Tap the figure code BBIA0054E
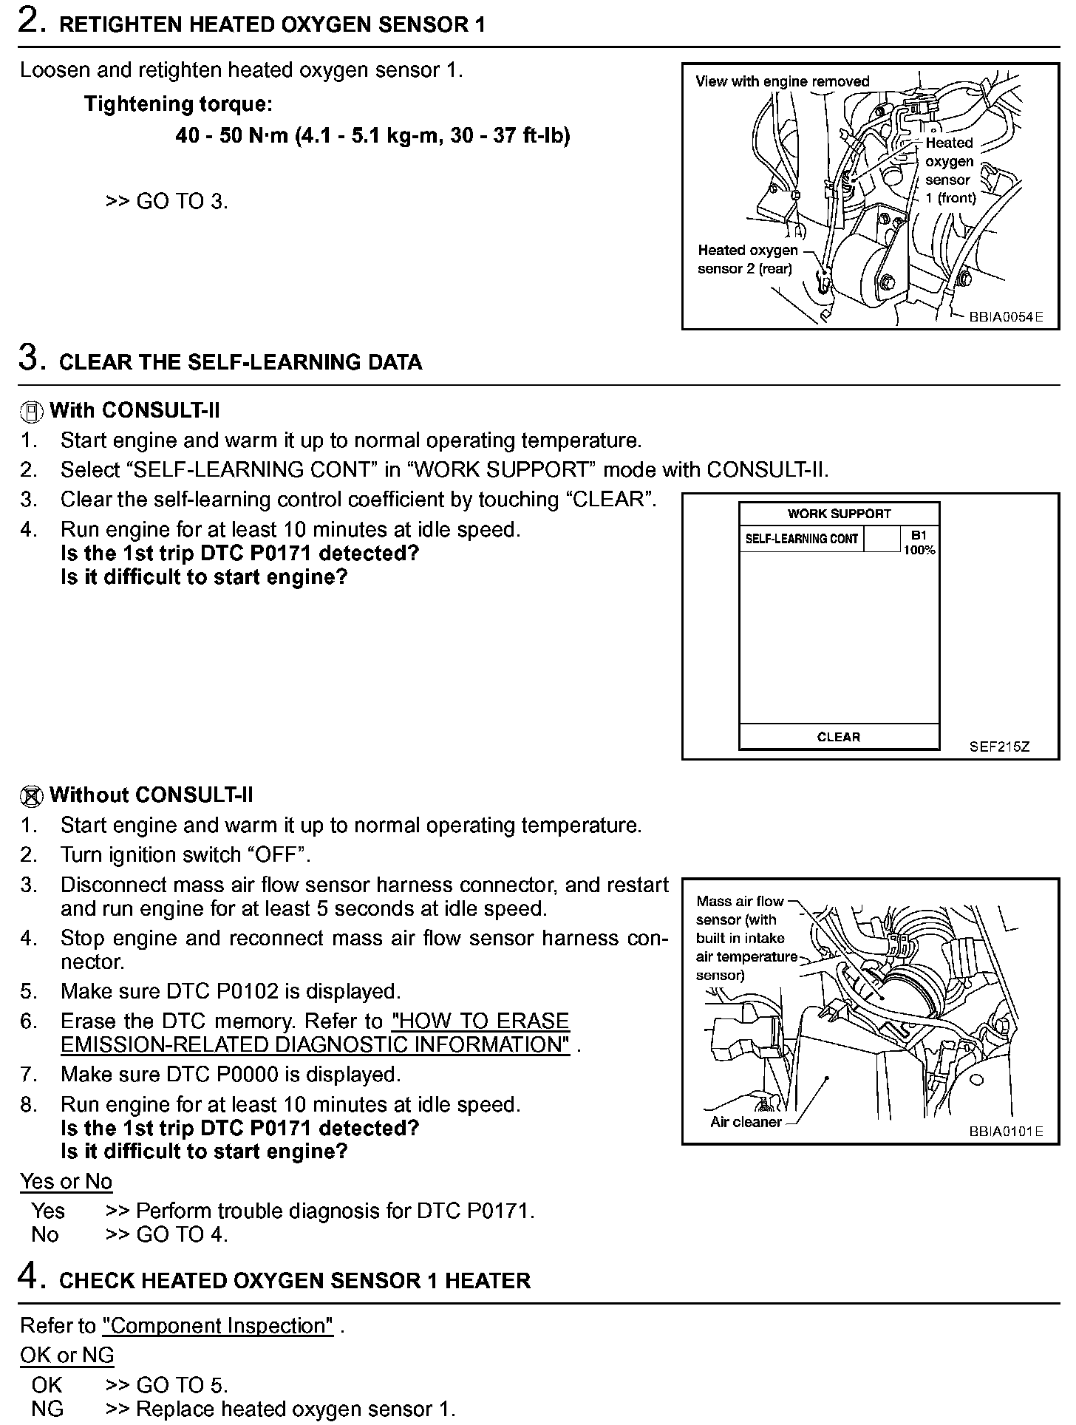pyautogui.click(x=1006, y=317)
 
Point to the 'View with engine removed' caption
pyautogui.click(x=782, y=81)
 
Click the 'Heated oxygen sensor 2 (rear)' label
pyautogui.click(x=747, y=259)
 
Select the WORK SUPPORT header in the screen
pyautogui.click(x=839, y=514)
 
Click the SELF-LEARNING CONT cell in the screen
pyautogui.click(x=802, y=539)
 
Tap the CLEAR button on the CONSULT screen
pyautogui.click(x=839, y=737)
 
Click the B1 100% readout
pyautogui.click(x=919, y=543)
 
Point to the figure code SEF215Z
pyautogui.click(x=999, y=746)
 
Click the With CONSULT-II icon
pyautogui.click(x=32, y=412)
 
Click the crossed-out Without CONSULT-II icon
pyautogui.click(x=32, y=796)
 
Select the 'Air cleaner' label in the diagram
pyautogui.click(x=746, y=1122)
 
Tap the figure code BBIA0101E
pyautogui.click(x=1006, y=1132)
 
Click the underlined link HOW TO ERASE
pyautogui.click(x=480, y=1021)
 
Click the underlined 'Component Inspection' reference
pyautogui.click(x=218, y=1326)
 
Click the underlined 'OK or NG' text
pyautogui.click(x=67, y=1356)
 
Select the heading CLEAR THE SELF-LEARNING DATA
pyautogui.click(x=240, y=362)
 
